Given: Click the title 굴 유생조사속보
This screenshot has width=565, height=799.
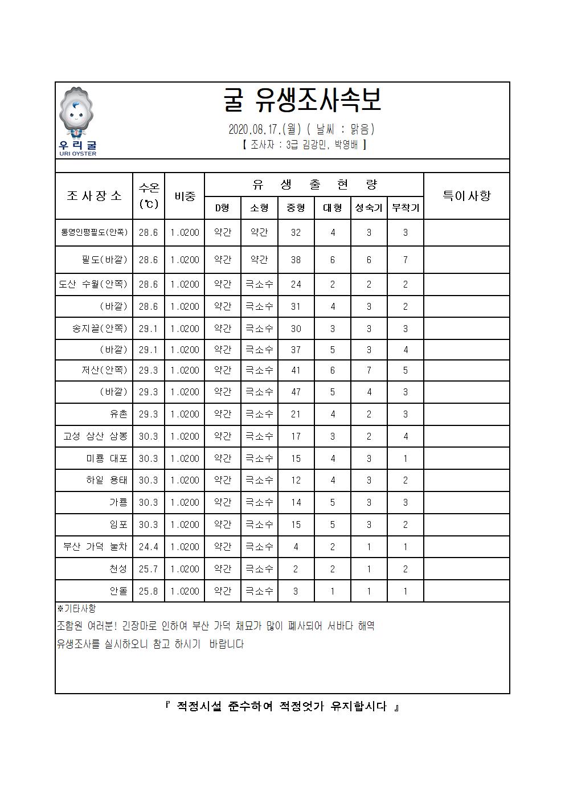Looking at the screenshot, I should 302,101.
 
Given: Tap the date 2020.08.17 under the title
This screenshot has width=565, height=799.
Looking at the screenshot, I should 253,130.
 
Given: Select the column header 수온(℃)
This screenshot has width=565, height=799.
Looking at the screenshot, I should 149,196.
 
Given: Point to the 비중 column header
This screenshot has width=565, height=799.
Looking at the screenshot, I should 185,196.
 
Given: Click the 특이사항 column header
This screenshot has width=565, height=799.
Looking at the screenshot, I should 466,196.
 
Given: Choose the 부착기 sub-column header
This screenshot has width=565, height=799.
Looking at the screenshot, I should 405,208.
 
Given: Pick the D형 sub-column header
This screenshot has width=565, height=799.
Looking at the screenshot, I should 222,208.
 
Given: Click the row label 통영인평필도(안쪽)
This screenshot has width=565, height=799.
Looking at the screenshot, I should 94,232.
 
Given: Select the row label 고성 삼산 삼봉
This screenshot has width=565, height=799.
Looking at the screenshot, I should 95,436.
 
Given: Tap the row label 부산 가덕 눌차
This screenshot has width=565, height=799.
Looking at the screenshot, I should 95,547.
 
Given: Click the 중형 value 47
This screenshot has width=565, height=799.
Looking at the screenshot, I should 296,392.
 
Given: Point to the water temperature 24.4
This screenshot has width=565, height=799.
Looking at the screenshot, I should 149,547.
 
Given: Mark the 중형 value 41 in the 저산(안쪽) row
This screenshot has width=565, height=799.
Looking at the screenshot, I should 296,370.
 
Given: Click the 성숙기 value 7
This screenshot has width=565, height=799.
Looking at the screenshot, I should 369,370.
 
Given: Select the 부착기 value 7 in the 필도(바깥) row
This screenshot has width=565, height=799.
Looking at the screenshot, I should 405,260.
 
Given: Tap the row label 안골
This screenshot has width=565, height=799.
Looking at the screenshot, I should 118,591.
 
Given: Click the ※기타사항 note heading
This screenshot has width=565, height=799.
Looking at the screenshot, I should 77,609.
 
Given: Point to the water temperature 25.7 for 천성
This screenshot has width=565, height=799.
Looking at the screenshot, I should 149,569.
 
